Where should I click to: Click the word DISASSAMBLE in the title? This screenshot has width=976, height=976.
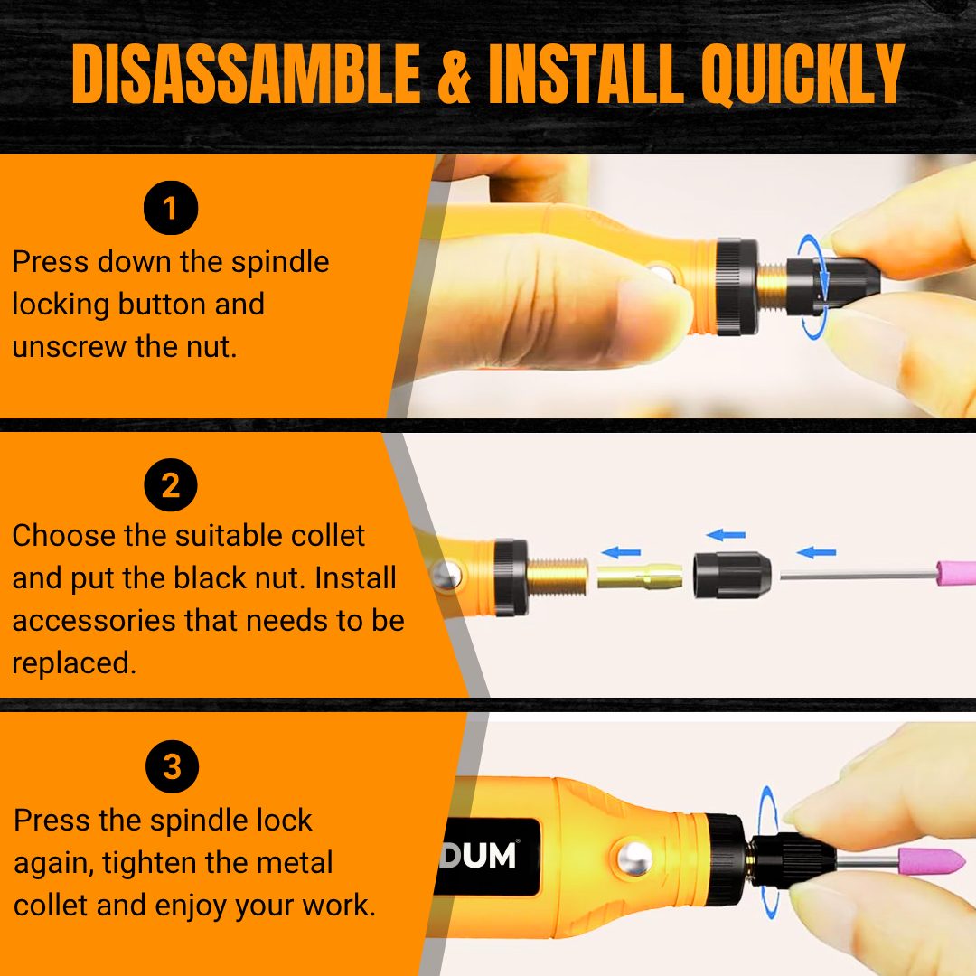click(x=247, y=73)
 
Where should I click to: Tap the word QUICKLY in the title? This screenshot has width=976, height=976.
click(x=803, y=75)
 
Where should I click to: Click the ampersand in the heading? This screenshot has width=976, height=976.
click(x=455, y=75)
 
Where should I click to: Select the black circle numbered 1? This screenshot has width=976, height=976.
click(x=171, y=208)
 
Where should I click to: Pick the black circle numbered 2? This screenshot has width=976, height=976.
click(x=171, y=485)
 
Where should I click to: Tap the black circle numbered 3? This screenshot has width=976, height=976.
click(x=173, y=766)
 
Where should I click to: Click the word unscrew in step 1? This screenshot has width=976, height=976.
click(x=69, y=347)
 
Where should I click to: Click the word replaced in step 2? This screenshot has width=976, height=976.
click(x=74, y=663)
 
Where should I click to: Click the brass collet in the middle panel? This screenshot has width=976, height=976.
click(x=639, y=576)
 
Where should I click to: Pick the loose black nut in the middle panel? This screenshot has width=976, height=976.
click(x=732, y=575)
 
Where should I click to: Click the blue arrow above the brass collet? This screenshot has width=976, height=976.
click(x=621, y=552)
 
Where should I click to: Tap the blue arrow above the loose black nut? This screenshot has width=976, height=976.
click(x=725, y=535)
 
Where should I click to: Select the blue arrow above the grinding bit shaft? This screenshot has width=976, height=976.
click(x=816, y=552)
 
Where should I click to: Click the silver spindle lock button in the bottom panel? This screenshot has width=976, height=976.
click(x=635, y=859)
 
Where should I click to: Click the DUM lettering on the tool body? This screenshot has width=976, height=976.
click(x=478, y=856)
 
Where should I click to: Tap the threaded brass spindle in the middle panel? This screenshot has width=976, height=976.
click(x=557, y=577)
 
